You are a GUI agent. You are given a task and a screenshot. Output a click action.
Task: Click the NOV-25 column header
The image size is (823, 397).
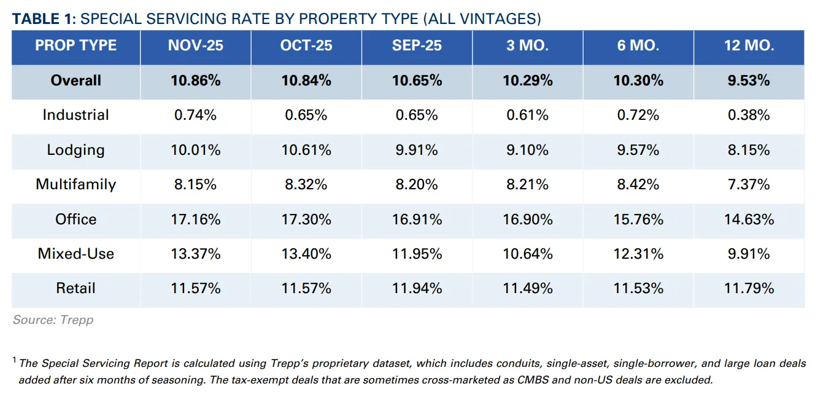(195, 46)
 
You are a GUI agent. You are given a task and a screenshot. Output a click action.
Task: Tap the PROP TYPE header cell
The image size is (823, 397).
(75, 46)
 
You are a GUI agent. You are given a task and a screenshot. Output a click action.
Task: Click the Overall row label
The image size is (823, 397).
(75, 81)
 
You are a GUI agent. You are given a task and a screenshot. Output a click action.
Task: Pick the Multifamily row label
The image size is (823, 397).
(75, 184)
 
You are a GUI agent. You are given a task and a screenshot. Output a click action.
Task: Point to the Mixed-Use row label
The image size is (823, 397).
(75, 254)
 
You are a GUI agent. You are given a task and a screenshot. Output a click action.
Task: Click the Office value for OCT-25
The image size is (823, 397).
(306, 219)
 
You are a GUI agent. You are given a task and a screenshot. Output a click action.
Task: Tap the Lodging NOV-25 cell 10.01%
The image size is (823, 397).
(195, 150)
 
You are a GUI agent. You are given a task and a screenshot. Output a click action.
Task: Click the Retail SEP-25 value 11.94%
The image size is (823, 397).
(417, 288)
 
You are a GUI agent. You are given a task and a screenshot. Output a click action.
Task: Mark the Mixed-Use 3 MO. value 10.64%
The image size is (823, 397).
(527, 254)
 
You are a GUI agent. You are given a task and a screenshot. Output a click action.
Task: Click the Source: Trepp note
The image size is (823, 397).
(53, 320)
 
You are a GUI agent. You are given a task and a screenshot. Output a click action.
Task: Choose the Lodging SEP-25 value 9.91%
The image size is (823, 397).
(417, 150)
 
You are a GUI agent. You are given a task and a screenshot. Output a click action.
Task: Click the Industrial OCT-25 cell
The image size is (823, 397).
(306, 116)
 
